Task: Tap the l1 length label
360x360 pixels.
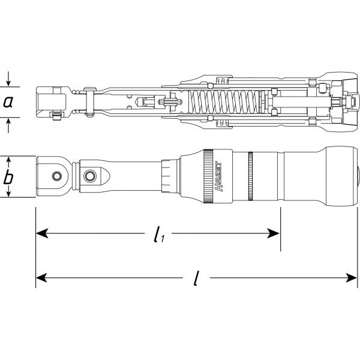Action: pos(158,235)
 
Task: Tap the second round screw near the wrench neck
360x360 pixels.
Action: pos(91,175)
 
